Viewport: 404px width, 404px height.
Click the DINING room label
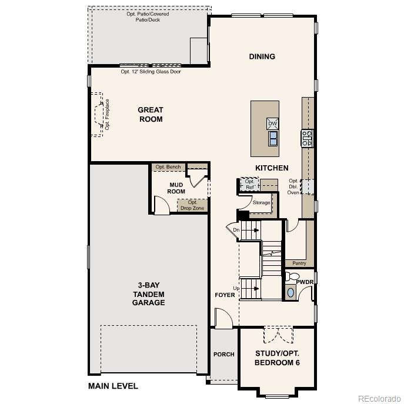(262, 56)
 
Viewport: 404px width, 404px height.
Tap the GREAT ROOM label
(151, 114)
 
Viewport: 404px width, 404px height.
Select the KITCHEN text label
(272, 168)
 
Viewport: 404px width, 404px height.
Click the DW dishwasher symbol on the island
(272, 123)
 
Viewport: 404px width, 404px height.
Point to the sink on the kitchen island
(273, 138)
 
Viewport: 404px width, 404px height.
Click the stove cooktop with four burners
(307, 138)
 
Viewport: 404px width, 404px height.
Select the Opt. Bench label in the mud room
(169, 167)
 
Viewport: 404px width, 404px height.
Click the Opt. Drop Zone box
(192, 205)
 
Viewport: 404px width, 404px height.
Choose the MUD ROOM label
(177, 188)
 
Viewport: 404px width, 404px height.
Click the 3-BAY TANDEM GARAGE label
(148, 294)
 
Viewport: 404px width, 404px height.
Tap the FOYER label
(225, 295)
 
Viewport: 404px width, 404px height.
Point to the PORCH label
(223, 354)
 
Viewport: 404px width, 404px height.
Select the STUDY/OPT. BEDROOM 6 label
(277, 358)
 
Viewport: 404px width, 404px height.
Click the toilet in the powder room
(292, 277)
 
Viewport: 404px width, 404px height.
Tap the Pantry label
(299, 263)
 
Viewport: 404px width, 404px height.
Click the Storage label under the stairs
(261, 202)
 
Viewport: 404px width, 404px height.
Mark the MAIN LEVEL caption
(113, 386)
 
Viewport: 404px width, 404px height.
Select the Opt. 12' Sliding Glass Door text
(151, 72)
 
